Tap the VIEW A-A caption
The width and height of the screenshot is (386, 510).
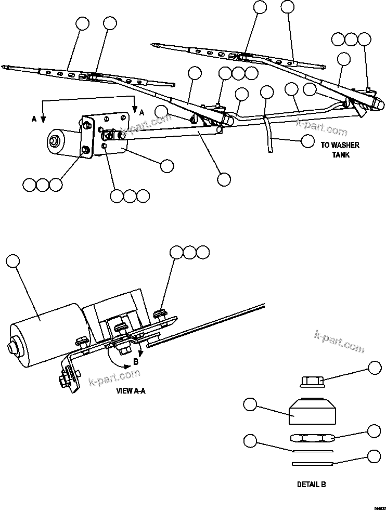point(131,391)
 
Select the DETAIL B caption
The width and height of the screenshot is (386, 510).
point(311,484)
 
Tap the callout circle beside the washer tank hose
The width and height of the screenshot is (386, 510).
point(308,140)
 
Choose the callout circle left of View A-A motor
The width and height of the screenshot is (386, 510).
point(12,260)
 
